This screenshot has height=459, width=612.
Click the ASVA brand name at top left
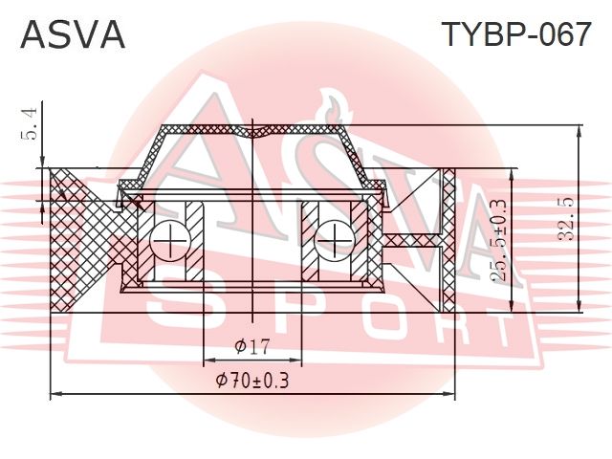pyautogui.click(x=73, y=34)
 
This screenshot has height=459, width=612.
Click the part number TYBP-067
pyautogui.click(x=516, y=34)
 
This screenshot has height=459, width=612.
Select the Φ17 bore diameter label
pyautogui.click(x=252, y=346)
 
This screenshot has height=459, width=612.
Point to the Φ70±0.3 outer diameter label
pyautogui.click(x=252, y=381)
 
